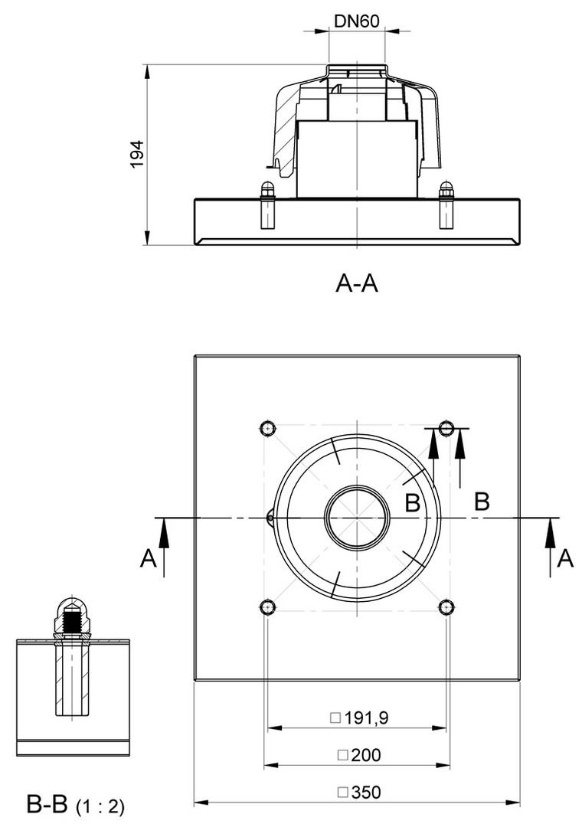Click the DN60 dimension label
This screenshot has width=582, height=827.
point(356,21)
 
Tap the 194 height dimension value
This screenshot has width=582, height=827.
point(137,155)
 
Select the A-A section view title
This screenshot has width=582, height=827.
point(357,284)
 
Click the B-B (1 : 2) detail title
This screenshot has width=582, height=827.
point(75,805)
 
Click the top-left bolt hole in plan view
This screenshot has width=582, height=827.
point(267,427)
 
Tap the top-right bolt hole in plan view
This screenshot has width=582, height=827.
point(447,427)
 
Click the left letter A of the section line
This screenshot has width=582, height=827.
point(149,559)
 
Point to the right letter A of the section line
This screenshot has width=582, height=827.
point(565,559)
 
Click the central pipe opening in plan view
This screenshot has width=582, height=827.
point(357,518)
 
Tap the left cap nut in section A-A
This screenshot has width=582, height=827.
point(266,189)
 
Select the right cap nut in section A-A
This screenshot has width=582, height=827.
point(446,189)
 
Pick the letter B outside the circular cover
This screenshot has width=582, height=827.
point(482,502)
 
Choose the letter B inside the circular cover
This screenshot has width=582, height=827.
point(412,503)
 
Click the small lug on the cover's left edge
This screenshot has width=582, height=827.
point(270,518)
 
